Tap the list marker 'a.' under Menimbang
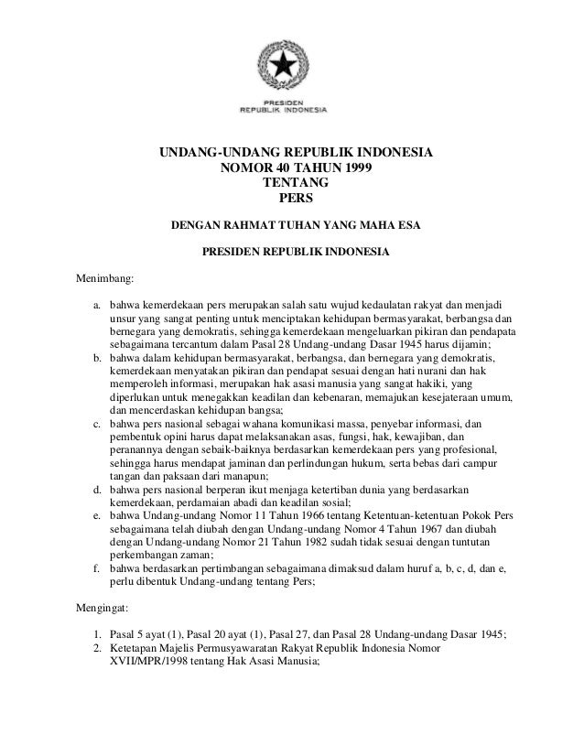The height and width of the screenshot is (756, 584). [x=96, y=301]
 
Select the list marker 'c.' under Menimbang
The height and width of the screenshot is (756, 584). [x=96, y=425]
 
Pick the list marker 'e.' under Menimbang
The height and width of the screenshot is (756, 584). [x=96, y=514]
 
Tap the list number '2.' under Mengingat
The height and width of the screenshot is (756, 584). [x=97, y=648]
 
